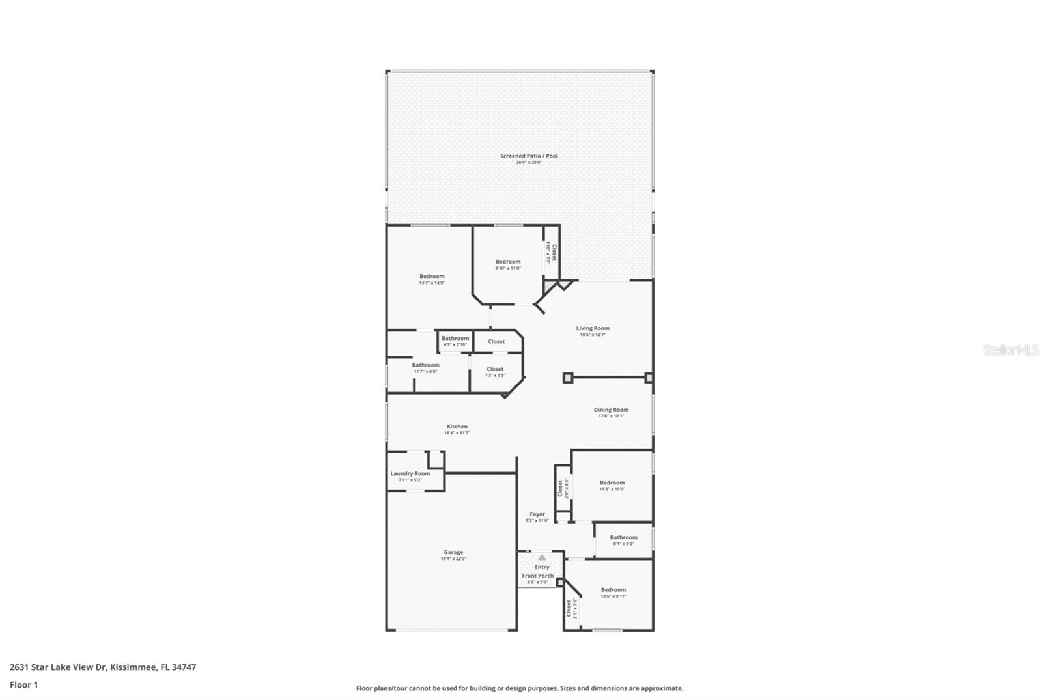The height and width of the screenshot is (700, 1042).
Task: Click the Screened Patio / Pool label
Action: click(x=529, y=156)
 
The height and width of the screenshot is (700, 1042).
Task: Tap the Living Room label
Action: click(x=593, y=329)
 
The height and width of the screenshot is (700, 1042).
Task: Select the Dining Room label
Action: click(x=611, y=410)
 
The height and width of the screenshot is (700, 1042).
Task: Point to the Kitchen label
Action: click(x=457, y=427)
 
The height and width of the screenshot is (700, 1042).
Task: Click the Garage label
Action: click(x=453, y=553)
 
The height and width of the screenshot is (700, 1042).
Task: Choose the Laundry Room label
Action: click(x=410, y=474)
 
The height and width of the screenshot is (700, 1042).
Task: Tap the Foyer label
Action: click(x=537, y=514)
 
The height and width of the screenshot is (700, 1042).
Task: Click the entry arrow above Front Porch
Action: click(x=542, y=557)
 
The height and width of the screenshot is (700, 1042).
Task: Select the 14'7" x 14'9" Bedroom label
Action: click(x=432, y=277)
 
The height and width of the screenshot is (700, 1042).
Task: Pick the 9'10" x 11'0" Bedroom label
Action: click(x=508, y=262)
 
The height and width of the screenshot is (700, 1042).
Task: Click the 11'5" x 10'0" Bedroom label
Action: click(x=612, y=483)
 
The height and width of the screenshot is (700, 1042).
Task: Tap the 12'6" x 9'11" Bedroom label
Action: click(x=613, y=590)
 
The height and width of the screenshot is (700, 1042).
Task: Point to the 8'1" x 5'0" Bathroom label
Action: click(x=623, y=538)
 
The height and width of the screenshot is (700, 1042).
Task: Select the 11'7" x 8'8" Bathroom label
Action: click(x=425, y=365)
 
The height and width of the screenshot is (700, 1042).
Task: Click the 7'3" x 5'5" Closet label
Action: click(x=495, y=369)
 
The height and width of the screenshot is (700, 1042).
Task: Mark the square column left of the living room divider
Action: click(x=567, y=378)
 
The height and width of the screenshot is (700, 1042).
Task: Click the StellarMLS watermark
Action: click(x=1011, y=350)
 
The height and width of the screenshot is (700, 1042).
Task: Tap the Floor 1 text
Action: click(x=24, y=685)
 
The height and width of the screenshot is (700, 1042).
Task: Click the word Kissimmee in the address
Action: click(x=133, y=667)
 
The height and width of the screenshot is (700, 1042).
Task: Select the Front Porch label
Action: click(x=537, y=576)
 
